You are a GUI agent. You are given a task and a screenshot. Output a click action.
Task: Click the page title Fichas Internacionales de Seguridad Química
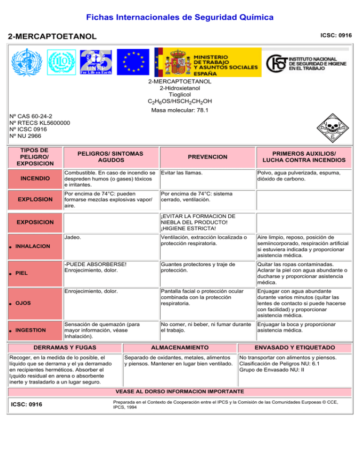coord(180,17)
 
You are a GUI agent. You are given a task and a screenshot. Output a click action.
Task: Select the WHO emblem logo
coord(28,63)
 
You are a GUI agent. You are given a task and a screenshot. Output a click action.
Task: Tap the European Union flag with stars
coord(133,62)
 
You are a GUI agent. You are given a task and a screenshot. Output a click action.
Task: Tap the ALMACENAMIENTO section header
coord(180,347)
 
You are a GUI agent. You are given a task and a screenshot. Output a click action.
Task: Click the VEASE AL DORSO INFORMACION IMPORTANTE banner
coord(180,391)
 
